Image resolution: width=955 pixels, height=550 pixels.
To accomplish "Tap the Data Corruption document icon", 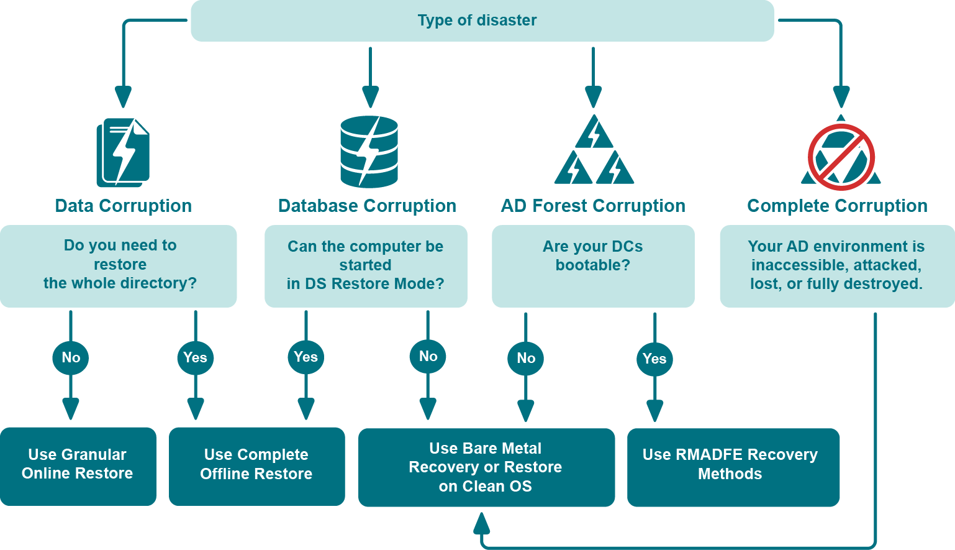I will tap(123, 152).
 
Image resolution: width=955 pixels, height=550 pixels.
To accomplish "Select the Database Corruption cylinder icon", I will tap(369, 152).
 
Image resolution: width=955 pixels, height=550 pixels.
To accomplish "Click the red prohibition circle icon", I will tap(841, 157).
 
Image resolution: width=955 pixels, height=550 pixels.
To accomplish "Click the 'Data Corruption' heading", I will tap(123, 206).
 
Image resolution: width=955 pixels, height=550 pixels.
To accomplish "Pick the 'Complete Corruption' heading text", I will tap(837, 206).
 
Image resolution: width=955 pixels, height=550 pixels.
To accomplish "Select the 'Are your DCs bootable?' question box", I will tap(593, 266).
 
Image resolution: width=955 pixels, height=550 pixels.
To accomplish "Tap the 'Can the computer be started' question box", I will tap(366, 266).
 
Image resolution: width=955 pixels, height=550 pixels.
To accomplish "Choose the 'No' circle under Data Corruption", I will tap(71, 357).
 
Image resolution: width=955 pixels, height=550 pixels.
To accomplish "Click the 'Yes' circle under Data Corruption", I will tap(196, 357).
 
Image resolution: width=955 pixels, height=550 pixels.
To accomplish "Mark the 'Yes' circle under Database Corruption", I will tap(306, 357).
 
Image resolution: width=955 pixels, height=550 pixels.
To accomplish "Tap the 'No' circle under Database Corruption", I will tap(428, 356).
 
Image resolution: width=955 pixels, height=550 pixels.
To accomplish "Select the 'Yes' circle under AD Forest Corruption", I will tap(654, 359).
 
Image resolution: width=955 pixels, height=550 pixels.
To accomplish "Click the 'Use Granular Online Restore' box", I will tap(78, 466).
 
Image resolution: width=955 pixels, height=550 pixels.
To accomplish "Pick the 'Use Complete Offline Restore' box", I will tap(256, 466).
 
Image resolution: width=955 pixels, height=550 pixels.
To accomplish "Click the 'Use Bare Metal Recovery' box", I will tap(486, 467).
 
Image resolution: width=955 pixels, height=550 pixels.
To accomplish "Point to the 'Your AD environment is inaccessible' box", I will tap(837, 266).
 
